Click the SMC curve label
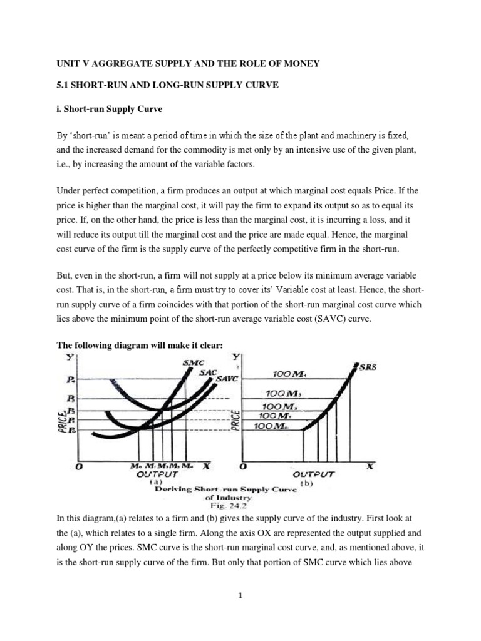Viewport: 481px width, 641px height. [192, 362]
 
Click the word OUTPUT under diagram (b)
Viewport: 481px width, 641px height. [313, 474]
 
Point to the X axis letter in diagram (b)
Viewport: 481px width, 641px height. [370, 466]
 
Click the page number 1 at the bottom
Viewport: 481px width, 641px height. [240, 613]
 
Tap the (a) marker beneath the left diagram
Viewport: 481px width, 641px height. [153, 483]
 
